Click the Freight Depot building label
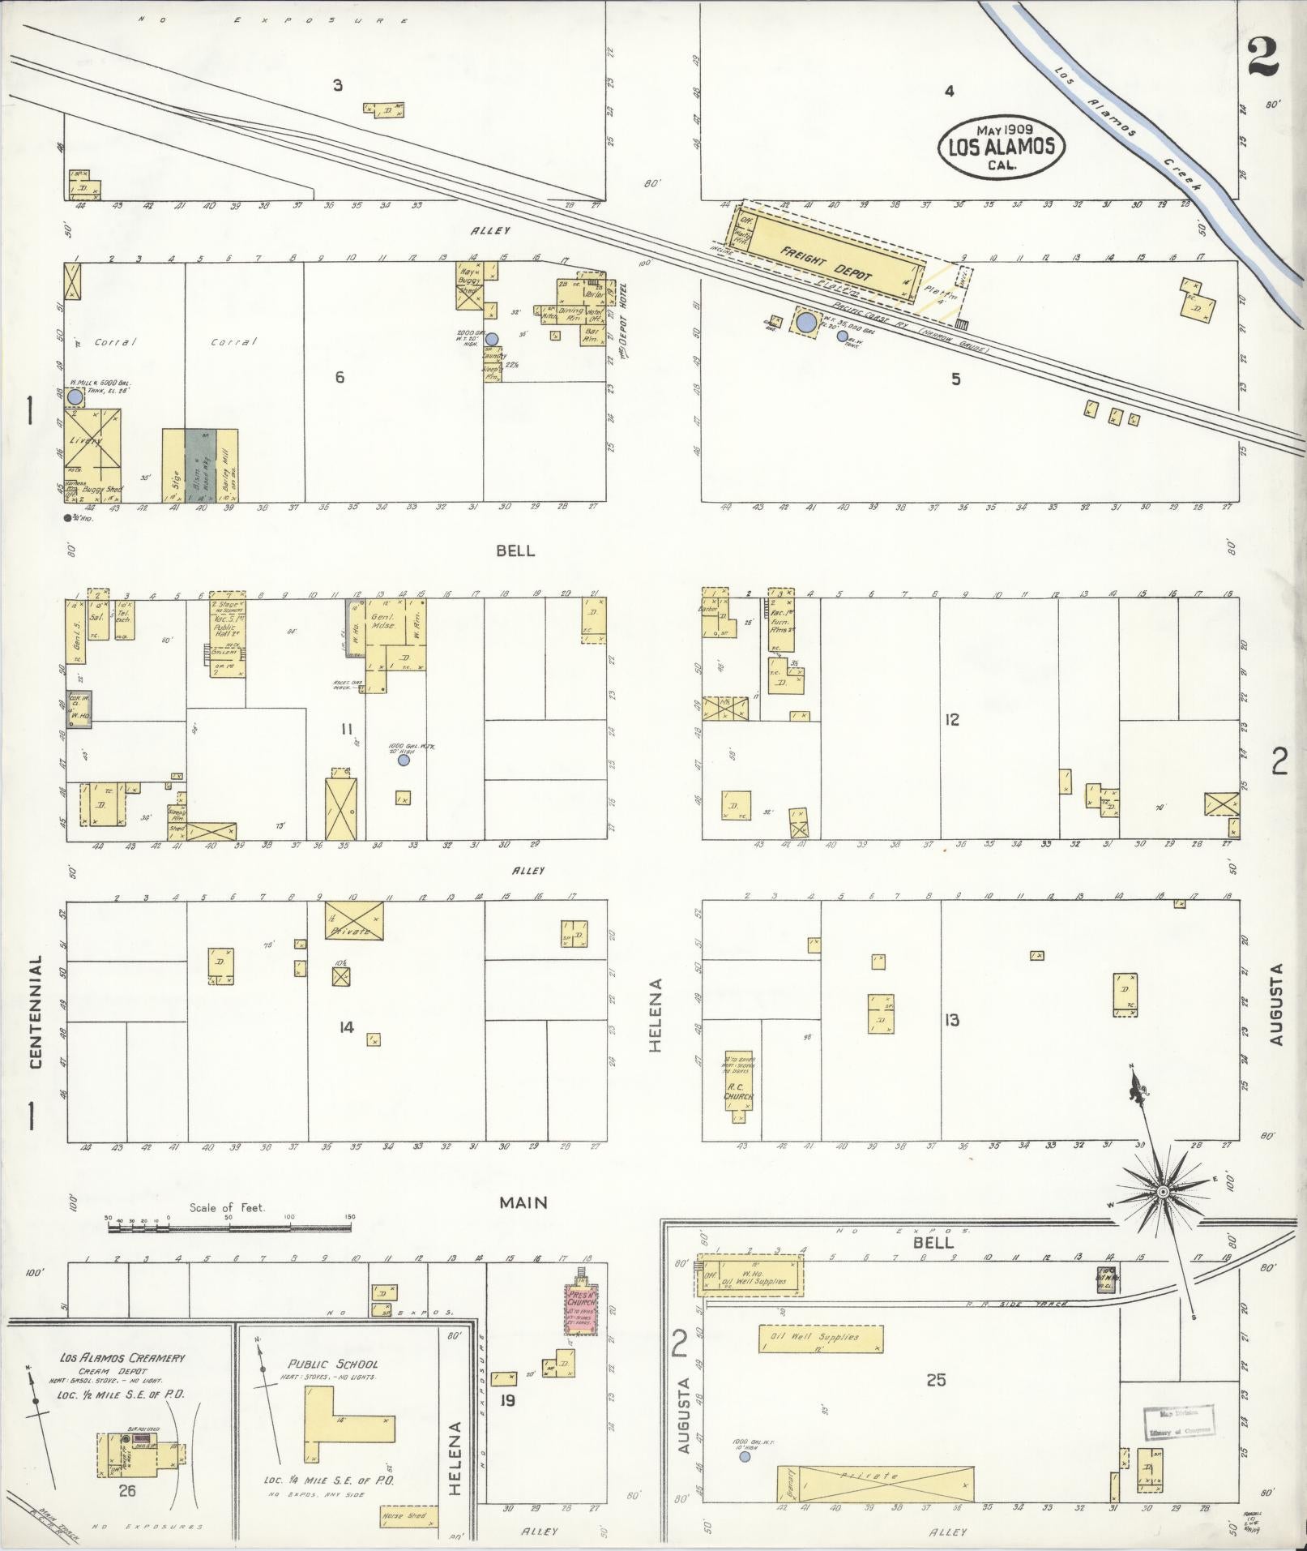coord(826,263)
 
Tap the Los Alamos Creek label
coord(1125,130)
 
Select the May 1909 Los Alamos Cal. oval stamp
coord(1001,147)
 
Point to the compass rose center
coord(1162,1191)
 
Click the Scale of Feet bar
coord(229,1228)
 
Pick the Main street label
coord(523,1202)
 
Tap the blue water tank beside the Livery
coord(75,397)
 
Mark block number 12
coord(951,719)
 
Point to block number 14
coord(346,1027)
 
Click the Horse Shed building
coord(408,1517)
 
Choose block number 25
coord(936,1379)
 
